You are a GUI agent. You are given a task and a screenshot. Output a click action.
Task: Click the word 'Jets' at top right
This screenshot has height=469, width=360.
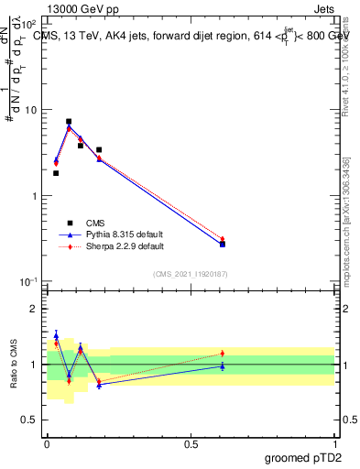click(x=323, y=7)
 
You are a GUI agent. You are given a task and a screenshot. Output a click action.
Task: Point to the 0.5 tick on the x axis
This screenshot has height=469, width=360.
click(x=191, y=443)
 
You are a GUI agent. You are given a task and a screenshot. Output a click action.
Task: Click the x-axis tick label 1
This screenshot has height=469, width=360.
click(x=334, y=443)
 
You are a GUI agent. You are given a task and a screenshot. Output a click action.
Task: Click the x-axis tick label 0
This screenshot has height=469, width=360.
click(x=47, y=443)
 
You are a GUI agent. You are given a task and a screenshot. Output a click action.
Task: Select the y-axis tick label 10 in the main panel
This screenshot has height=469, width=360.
click(x=32, y=110)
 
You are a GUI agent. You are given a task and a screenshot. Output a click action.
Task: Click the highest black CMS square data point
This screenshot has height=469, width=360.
click(x=69, y=121)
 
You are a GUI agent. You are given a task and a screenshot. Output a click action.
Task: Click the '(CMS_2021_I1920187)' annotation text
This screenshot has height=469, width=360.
click(x=191, y=274)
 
